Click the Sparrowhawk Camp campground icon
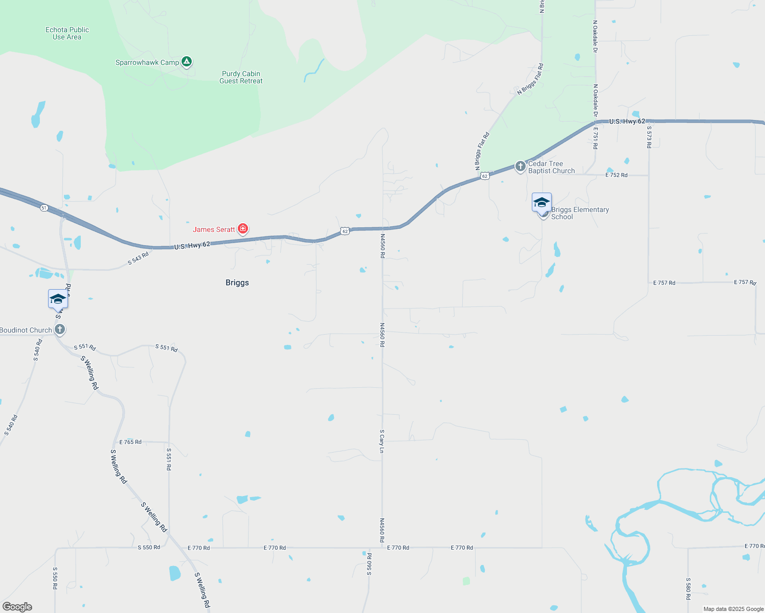(187, 62)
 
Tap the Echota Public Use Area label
(67, 34)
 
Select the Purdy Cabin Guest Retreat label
(241, 77)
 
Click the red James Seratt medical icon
(243, 229)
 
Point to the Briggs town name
(237, 282)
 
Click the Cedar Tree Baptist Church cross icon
(520, 167)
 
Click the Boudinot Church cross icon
(60, 329)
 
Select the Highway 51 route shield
(44, 207)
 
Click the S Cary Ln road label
(381, 441)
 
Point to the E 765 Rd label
(130, 442)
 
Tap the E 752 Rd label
(616, 175)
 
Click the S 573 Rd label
(649, 137)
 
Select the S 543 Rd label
(138, 258)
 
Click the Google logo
(17, 607)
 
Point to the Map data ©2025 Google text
(733, 609)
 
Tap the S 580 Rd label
(688, 588)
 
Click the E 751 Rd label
(595, 138)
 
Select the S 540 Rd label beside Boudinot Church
(37, 350)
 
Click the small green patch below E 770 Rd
(466, 581)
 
